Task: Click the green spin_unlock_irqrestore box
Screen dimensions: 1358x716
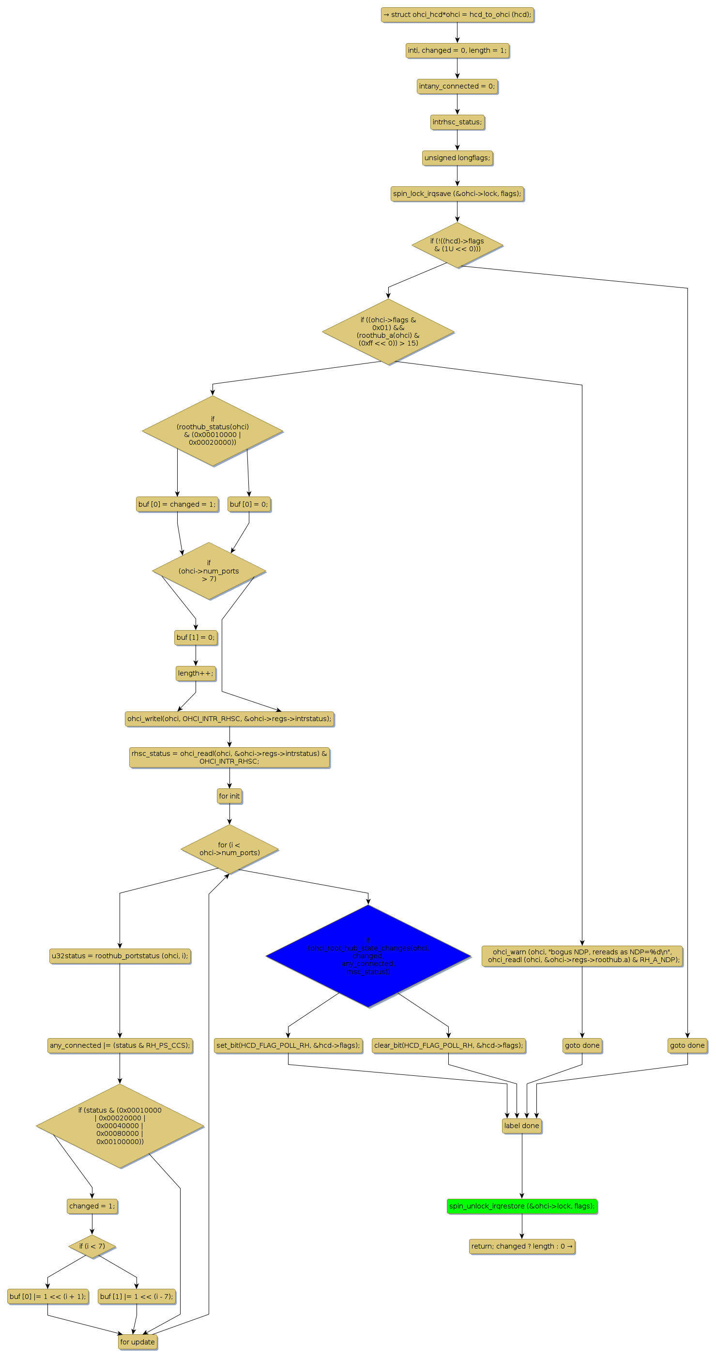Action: (x=521, y=1206)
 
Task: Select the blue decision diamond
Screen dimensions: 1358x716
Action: (x=368, y=956)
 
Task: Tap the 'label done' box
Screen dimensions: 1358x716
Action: (x=521, y=1126)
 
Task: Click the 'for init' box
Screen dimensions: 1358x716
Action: (x=229, y=796)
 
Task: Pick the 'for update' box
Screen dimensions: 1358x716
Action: (x=137, y=1342)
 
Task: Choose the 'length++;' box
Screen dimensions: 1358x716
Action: (x=196, y=673)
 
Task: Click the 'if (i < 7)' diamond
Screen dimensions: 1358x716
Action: (x=92, y=1246)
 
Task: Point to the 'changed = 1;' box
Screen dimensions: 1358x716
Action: (x=92, y=1206)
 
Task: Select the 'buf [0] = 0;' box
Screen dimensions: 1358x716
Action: (x=249, y=504)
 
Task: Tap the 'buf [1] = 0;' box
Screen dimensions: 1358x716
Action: (x=196, y=637)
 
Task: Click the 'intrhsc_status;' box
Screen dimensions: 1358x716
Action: (x=457, y=122)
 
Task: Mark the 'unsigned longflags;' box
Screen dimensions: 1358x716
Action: (x=457, y=158)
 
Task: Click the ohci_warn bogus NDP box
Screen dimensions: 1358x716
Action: (x=582, y=956)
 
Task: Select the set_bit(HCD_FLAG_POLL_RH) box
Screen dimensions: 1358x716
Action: (x=288, y=1045)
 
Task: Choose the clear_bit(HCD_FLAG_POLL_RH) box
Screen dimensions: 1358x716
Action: (x=449, y=1045)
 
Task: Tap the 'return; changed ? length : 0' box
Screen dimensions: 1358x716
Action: (x=521, y=1246)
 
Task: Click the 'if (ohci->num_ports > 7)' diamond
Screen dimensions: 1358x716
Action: (x=209, y=571)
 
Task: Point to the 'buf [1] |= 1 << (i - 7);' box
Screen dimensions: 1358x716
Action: (x=137, y=1297)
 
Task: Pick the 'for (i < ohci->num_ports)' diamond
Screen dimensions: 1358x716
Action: (x=229, y=849)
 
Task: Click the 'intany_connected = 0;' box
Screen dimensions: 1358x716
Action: (x=457, y=86)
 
